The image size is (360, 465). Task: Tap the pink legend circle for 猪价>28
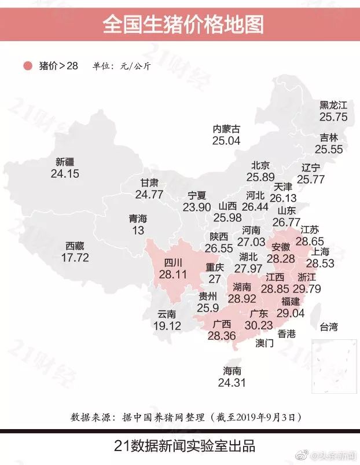coord(27,65)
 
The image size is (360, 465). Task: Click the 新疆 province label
coord(65,162)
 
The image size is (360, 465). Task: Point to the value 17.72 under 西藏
coord(75,257)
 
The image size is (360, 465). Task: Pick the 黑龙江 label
coord(333,105)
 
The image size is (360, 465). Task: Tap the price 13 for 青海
coord(138,230)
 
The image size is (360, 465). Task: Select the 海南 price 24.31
coord(232,382)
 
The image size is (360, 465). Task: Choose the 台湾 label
coord(328,327)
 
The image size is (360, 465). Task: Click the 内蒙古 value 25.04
coord(226,140)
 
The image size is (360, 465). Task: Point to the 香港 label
coord(286,334)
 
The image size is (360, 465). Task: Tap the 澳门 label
coord(265,343)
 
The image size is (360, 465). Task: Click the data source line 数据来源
coord(185,417)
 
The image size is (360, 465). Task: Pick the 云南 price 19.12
coord(167,326)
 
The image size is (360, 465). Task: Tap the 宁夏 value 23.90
coord(197,207)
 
